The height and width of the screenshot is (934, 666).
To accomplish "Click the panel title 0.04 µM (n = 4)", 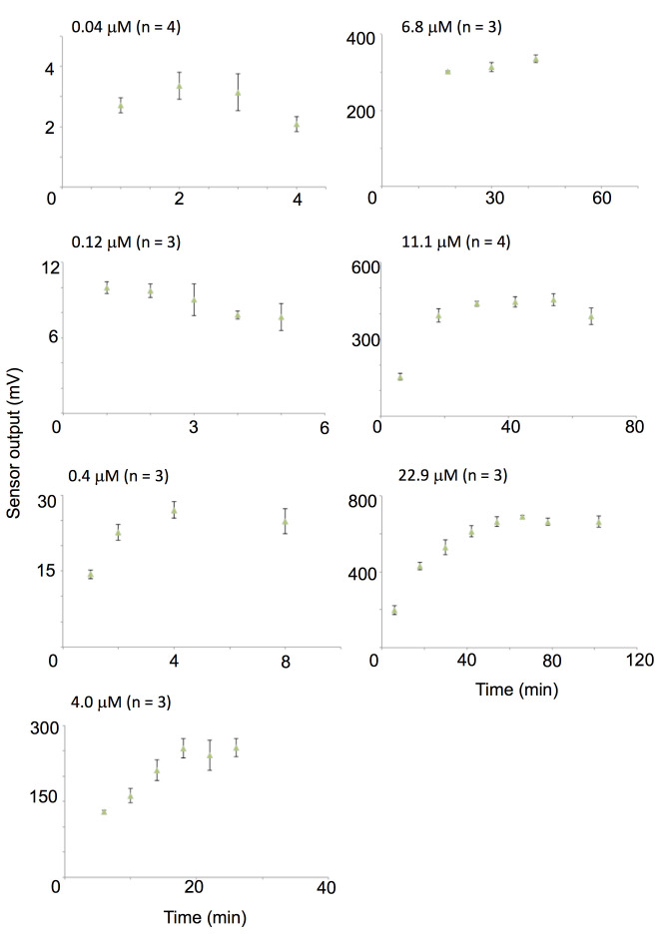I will (x=127, y=23).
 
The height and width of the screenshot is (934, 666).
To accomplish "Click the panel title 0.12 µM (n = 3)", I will (x=127, y=242).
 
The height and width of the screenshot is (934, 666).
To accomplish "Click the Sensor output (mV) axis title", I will (x=15, y=466).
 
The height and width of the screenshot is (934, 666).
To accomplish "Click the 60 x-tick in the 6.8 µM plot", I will (x=601, y=199).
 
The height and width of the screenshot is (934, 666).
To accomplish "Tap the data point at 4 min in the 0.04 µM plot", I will (x=297, y=125).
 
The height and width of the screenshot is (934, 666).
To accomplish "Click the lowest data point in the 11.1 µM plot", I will (x=399, y=376).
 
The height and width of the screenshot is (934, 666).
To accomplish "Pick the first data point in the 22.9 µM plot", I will (x=394, y=610).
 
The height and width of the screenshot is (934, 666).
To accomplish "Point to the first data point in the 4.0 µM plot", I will (x=104, y=812).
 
